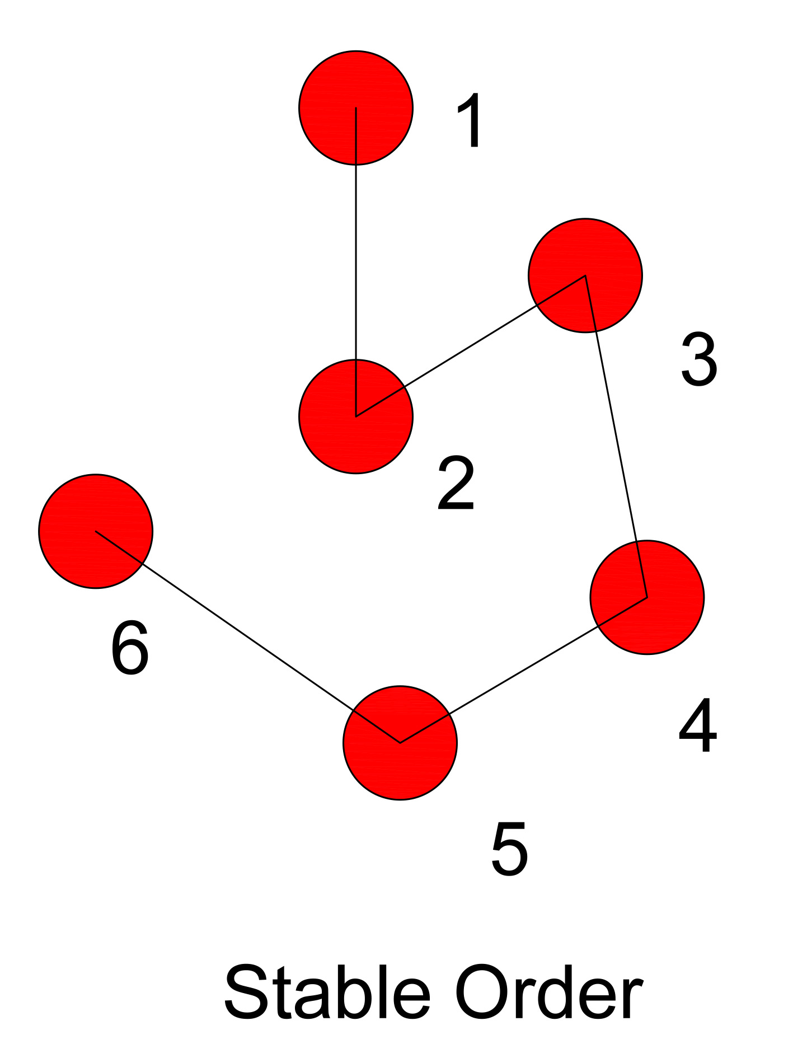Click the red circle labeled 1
[356, 107]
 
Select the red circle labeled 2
[356, 416]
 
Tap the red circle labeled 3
[585, 275]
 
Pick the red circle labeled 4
[647, 597]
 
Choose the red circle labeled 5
[400, 743]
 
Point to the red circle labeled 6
[96, 531]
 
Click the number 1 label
[470, 120]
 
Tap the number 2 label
[456, 484]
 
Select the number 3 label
[700, 359]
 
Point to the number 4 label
[698, 726]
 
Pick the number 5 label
[509, 849]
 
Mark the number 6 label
[130, 648]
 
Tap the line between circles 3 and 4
[616, 437]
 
